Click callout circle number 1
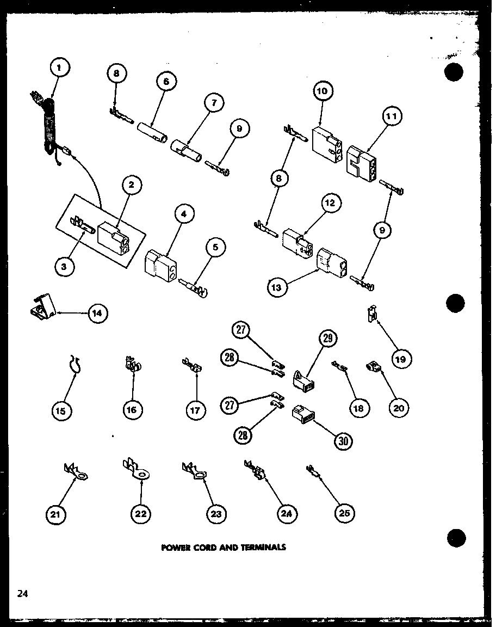[x=60, y=69]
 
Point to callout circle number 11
[x=392, y=116]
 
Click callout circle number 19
[x=401, y=359]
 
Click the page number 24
[x=22, y=594]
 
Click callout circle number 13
[x=277, y=287]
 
